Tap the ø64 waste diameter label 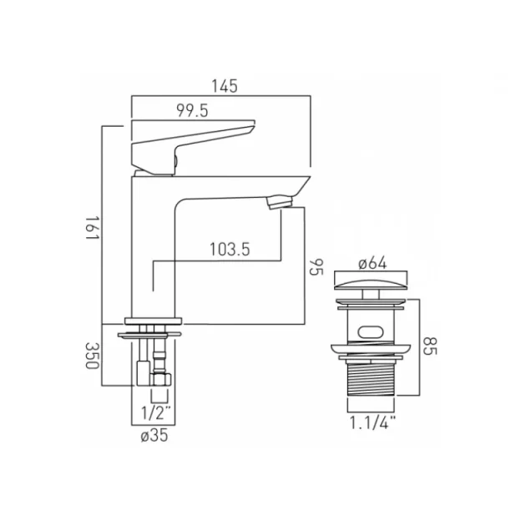(x=372, y=262)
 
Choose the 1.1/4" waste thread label (x=372, y=423)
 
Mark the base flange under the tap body (x=154, y=320)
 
